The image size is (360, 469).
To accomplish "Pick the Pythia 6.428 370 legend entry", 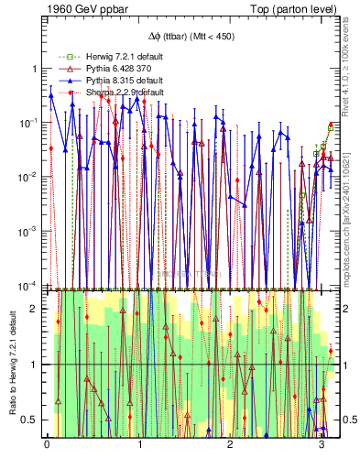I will (x=102, y=69).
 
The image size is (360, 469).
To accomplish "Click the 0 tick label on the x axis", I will (x=47, y=446).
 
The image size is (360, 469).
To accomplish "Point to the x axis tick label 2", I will (x=231, y=446).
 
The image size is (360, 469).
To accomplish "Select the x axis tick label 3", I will (x=322, y=446).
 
